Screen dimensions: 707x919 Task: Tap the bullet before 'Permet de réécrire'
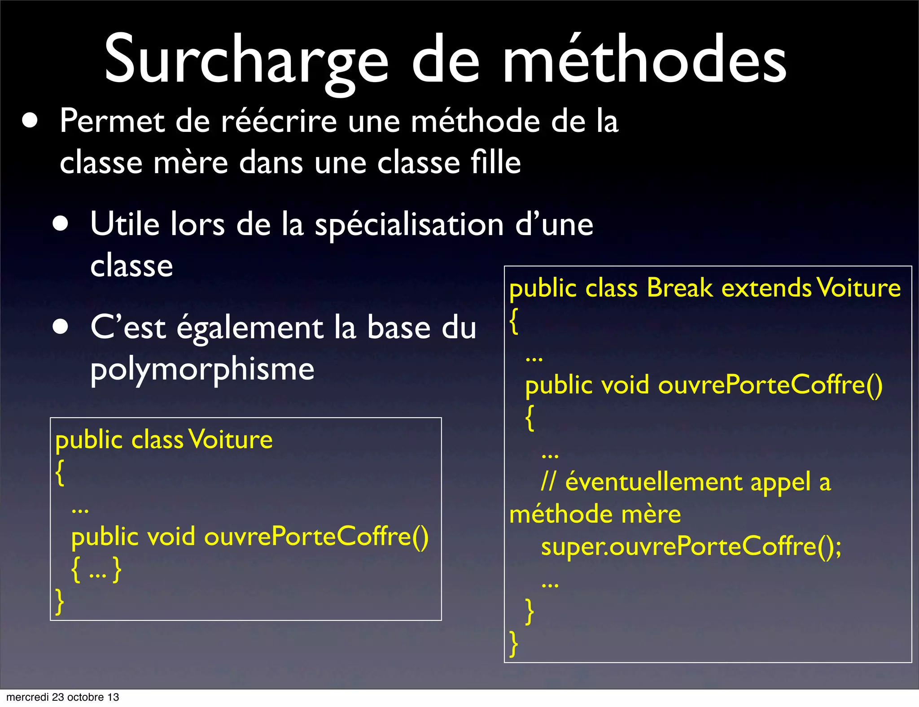point(30,121)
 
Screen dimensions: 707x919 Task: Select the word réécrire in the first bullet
point(279,122)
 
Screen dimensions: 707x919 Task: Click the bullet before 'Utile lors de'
point(60,223)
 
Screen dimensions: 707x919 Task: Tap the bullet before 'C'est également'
point(60,327)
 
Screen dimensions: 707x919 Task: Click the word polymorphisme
point(202,370)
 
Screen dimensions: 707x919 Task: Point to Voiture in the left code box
point(231,439)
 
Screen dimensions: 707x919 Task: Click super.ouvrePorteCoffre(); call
point(691,546)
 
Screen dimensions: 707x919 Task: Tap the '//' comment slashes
point(548,482)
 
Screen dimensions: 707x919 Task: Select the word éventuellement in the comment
point(653,482)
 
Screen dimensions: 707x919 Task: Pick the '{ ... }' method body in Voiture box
point(96,570)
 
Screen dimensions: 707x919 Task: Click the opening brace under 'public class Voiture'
point(60,472)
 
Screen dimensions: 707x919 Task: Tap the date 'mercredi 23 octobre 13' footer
point(63,697)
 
